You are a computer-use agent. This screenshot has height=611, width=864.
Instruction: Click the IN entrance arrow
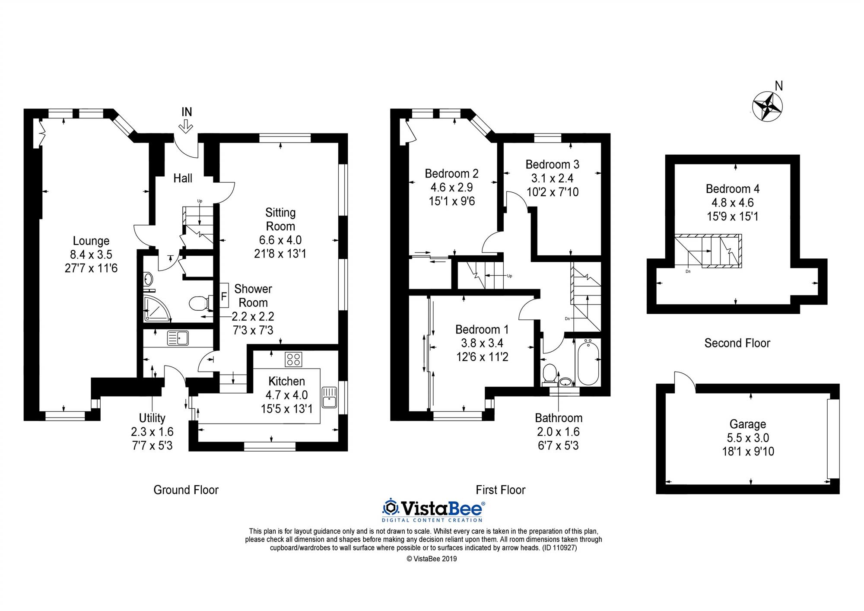coord(187,126)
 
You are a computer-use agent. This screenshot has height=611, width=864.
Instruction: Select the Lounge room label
coord(91,241)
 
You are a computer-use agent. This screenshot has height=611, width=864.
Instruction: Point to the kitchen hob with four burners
coord(294,360)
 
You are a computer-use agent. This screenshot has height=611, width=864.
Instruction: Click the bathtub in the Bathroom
coord(588,362)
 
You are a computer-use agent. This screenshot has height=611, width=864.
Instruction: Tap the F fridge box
coord(224,296)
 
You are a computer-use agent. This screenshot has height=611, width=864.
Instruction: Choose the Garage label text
coord(748,424)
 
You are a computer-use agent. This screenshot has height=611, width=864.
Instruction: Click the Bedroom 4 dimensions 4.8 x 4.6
coord(733,203)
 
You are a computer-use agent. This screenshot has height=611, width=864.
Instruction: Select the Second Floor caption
coord(737,343)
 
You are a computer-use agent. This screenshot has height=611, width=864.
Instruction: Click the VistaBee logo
coord(433,510)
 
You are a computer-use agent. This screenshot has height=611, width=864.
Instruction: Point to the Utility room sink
coord(178,338)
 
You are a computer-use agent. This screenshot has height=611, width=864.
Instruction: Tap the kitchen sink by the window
coord(329,397)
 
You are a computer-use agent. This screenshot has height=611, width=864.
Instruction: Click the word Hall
coord(183,178)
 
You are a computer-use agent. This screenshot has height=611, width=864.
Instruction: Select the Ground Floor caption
coord(186,490)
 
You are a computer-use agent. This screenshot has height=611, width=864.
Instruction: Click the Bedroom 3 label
coord(552,164)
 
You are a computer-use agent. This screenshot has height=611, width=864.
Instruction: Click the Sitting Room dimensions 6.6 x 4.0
coord(280,240)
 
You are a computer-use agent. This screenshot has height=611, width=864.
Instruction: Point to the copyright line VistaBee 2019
coord(432,559)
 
